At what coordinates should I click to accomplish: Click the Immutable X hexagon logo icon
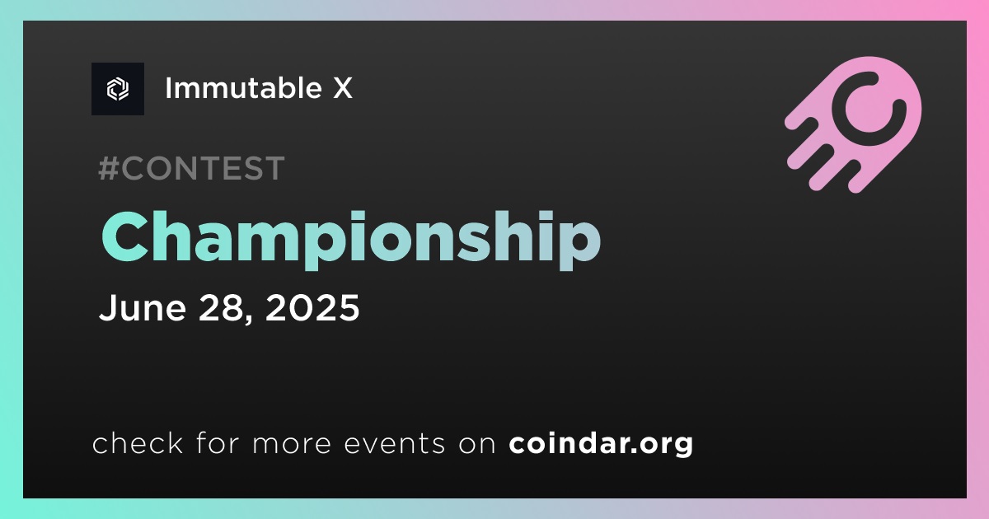[118, 89]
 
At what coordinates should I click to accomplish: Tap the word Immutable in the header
[243, 88]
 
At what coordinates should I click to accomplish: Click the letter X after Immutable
[343, 88]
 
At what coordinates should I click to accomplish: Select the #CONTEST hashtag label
[191, 168]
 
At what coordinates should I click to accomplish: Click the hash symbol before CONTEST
[109, 168]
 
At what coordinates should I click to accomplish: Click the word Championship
[351, 238]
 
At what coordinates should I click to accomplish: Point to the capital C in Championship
[125, 237]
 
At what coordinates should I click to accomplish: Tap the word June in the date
[143, 307]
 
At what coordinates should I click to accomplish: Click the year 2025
[312, 307]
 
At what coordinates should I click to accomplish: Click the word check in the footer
[138, 443]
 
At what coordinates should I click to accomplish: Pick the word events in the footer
[395, 443]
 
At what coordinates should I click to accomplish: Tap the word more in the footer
[292, 444]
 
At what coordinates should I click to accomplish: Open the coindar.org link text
[601, 444]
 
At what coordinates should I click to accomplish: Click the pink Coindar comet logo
[853, 124]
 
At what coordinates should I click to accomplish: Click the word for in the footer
[218, 443]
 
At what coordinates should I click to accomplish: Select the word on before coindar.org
[477, 444]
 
